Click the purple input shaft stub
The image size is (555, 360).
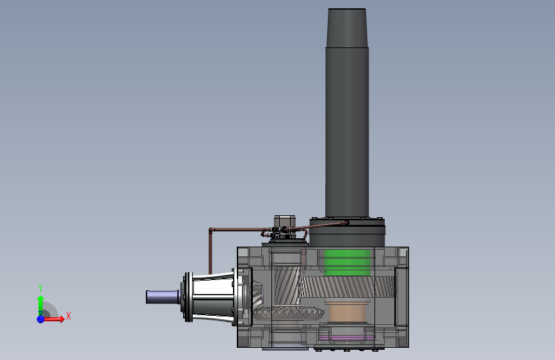162,297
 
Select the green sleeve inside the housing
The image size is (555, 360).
347,263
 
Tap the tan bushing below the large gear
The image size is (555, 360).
346,313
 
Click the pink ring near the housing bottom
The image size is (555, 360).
347,338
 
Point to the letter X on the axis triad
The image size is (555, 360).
68,316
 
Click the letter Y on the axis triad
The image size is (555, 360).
40,288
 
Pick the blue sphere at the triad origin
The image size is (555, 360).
40,319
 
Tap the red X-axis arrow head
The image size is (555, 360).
62,319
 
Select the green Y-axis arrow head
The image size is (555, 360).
41,299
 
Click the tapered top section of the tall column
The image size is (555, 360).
347,28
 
